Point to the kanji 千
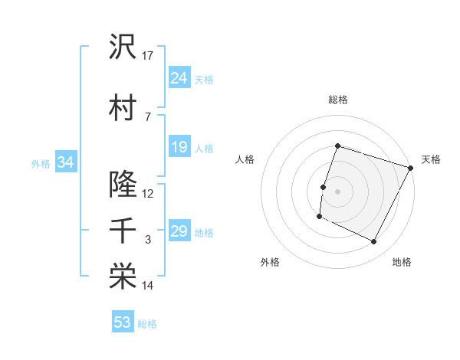point(123,231)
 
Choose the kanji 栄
point(123,277)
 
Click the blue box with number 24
point(179,78)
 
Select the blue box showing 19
point(179,147)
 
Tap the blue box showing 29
point(179,231)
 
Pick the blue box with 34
point(65,162)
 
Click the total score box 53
point(123,322)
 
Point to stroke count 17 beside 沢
point(148,56)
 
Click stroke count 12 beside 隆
point(148,194)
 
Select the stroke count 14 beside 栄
point(148,286)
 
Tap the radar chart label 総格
point(337,100)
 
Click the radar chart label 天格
point(431,159)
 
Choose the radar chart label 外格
point(270,262)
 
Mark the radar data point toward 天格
point(412,168)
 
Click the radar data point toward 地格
point(374,242)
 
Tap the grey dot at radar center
point(337,191)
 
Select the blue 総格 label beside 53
point(147,324)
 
